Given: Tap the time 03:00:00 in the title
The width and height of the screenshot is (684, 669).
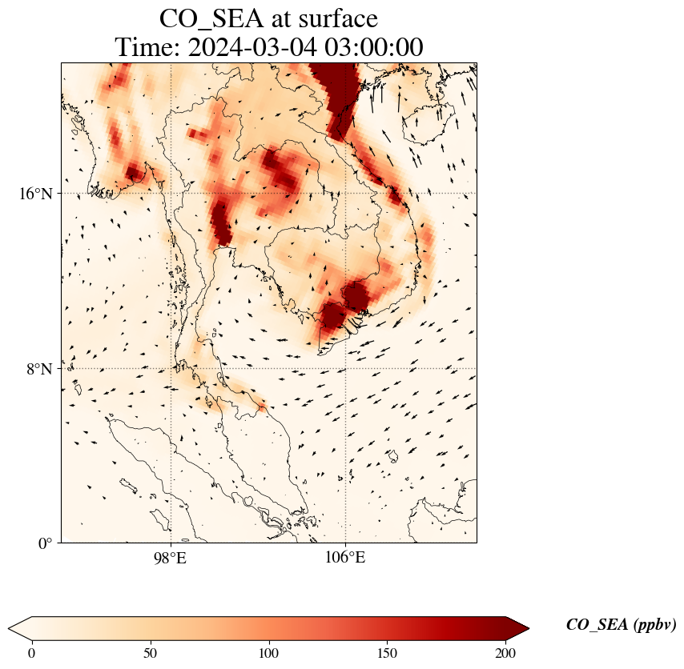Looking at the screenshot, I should coord(374,47).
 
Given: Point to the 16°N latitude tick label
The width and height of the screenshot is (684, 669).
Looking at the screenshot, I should coord(35,194).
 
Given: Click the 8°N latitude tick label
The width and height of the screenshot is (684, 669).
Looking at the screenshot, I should coord(38,369).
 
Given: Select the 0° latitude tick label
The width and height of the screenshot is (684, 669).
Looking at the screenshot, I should coord(46,543).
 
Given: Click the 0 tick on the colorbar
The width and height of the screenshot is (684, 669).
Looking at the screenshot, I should coord(32,653).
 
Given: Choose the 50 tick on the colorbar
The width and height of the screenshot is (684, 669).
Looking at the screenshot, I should coord(151,653).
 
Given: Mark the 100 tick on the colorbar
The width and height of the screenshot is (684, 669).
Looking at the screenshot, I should coord(268,653).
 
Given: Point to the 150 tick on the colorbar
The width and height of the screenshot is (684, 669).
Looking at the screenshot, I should coord(387,653).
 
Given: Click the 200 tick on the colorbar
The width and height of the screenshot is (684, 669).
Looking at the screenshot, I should coord(505,653).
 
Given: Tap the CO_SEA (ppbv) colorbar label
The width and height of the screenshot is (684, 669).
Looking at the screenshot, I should coord(621,625).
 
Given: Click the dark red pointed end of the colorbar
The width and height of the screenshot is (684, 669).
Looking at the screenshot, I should coord(518,628).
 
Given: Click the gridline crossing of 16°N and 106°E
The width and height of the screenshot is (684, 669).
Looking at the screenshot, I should coord(345,194).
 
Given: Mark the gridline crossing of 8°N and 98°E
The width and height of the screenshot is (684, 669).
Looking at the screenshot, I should coord(171,369).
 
